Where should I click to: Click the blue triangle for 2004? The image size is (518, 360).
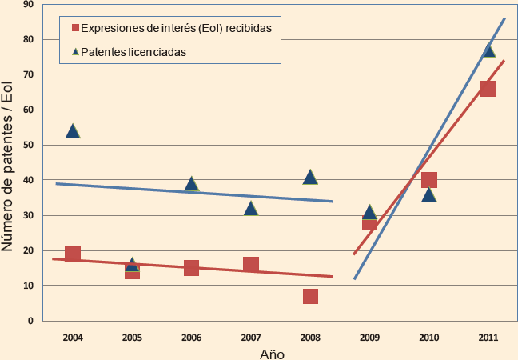tap(73, 131)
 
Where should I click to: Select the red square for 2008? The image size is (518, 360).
tap(310, 296)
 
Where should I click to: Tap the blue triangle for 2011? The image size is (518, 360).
tap(488, 50)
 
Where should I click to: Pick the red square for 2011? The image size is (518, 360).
tap(488, 89)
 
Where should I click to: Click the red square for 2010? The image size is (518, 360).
tap(429, 180)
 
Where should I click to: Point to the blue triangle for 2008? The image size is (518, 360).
tap(310, 177)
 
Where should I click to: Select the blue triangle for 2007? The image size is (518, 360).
tap(251, 209)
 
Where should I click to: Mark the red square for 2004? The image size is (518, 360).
tap(73, 254)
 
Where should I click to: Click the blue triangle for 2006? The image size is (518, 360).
tap(192, 184)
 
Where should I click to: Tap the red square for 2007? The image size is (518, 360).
tap(251, 265)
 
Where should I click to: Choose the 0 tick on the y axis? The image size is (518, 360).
tap(30, 321)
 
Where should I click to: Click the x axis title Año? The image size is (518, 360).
tap(273, 353)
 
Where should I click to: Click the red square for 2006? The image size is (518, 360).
tap(192, 268)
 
